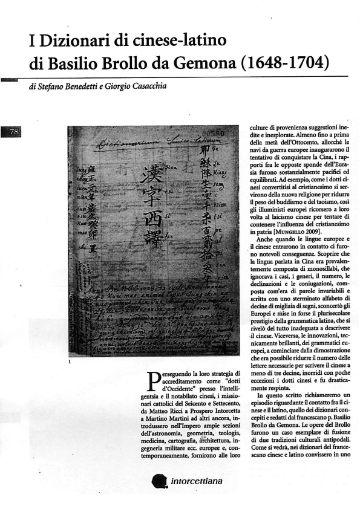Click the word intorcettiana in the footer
pos(193,482)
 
